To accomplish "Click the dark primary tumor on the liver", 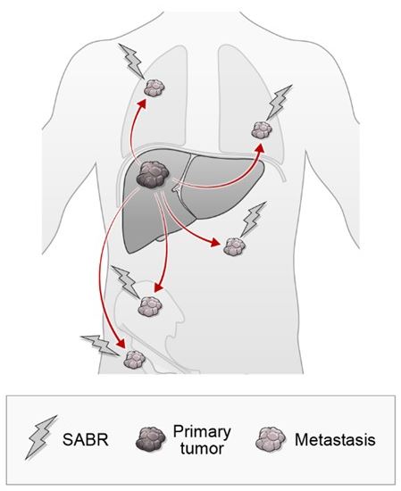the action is pyautogui.click(x=153, y=175).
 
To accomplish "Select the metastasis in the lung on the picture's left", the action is pyautogui.click(x=155, y=87).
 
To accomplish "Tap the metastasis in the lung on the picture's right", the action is pyautogui.click(x=262, y=130).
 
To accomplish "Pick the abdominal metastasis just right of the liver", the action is pyautogui.click(x=234, y=246).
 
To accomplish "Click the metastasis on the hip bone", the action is pyautogui.click(x=150, y=305).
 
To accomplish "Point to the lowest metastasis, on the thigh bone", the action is pyautogui.click(x=135, y=360).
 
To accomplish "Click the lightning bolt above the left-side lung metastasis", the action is pyautogui.click(x=132, y=61).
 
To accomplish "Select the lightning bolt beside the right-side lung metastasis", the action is pyautogui.click(x=279, y=103).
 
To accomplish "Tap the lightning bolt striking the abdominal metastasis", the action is pyautogui.click(x=253, y=220).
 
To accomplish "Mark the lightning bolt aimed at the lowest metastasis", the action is pyautogui.click(x=100, y=345).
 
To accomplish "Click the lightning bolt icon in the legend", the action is pyautogui.click(x=41, y=437).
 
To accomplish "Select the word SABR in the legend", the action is pyautogui.click(x=86, y=439).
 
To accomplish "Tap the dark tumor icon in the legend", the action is pyautogui.click(x=150, y=438).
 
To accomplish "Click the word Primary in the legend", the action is pyautogui.click(x=202, y=432).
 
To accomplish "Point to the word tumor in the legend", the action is pyautogui.click(x=202, y=449).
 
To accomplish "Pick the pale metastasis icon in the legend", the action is pyautogui.click(x=271, y=438).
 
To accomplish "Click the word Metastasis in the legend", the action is pyautogui.click(x=335, y=439).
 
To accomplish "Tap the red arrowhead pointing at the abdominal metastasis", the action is pyautogui.click(x=215, y=242).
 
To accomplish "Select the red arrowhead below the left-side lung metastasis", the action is pyautogui.click(x=143, y=104).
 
